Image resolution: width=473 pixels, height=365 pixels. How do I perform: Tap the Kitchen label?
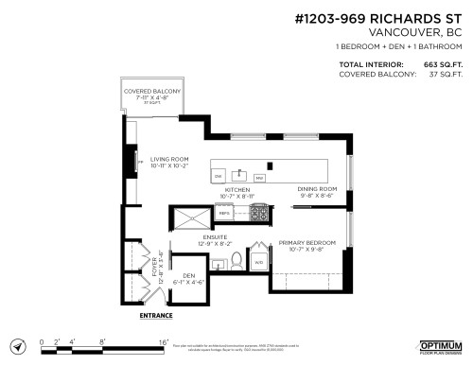(x=236, y=192)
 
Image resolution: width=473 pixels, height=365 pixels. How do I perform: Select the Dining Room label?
(x=317, y=192)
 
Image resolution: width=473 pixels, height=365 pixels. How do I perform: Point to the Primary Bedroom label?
(x=307, y=247)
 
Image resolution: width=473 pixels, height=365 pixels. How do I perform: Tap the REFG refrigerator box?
(x=225, y=214)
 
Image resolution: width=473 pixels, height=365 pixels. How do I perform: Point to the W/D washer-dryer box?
(x=259, y=262)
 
